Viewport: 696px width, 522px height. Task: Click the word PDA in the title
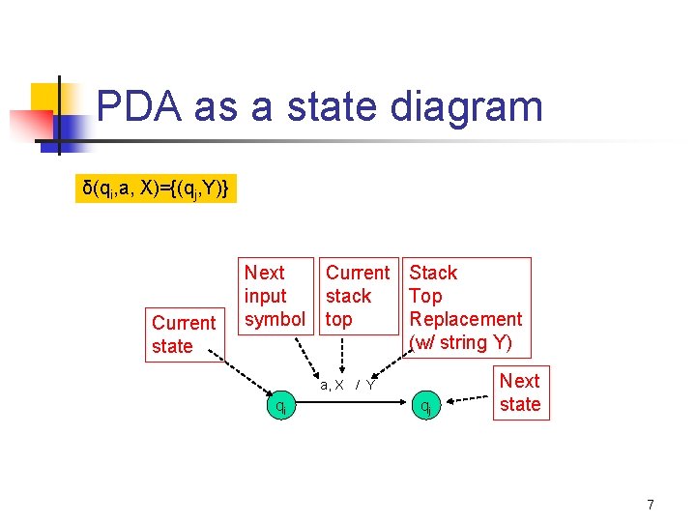[x=138, y=105]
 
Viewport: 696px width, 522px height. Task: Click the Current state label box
[x=184, y=334]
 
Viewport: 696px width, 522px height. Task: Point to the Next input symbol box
[x=277, y=296]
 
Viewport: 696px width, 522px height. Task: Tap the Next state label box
[x=520, y=392]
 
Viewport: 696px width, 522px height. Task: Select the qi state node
[x=280, y=407]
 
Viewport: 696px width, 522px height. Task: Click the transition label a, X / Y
[x=347, y=385]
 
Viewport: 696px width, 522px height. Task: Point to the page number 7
[x=651, y=504]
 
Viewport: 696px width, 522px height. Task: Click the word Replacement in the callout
[x=465, y=319]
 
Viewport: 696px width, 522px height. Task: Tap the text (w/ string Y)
[x=460, y=342]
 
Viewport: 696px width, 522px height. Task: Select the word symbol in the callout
[x=275, y=319]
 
